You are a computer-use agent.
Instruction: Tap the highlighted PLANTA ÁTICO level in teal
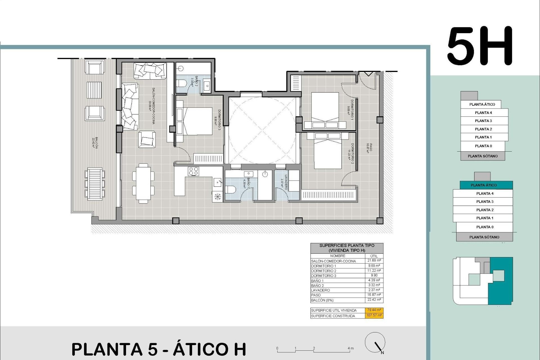[483, 185]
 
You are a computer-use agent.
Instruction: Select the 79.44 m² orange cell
[374, 310]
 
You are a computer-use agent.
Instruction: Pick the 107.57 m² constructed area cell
[374, 316]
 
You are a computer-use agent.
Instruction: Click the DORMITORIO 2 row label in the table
[323, 271]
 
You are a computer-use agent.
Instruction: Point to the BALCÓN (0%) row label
[322, 300]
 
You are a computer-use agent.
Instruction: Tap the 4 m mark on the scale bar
[350, 348]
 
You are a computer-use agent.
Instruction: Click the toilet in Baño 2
[181, 83]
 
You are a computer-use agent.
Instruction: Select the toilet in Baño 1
[231, 190]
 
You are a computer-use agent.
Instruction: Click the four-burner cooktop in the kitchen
[193, 171]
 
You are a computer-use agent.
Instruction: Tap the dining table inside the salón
[143, 183]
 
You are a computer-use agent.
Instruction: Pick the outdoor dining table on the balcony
[94, 184]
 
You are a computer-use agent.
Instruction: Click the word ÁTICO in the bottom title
[209, 349]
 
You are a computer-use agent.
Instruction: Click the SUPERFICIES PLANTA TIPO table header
[346, 248]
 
